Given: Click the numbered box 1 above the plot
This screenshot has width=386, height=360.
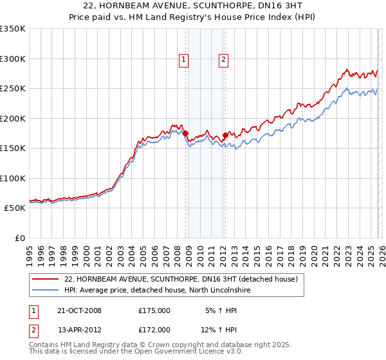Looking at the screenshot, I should [x=183, y=60].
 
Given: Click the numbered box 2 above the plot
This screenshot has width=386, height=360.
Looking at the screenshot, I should [x=223, y=60].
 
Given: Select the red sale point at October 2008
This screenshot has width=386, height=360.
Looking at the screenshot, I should [x=186, y=134].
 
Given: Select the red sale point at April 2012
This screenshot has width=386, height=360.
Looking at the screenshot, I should [x=225, y=136].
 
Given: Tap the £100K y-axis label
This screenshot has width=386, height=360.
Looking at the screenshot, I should [x=13, y=178].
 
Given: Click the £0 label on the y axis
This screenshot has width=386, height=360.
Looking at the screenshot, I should [x=19, y=238].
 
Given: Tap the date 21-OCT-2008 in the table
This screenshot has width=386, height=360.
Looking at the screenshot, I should [x=79, y=310].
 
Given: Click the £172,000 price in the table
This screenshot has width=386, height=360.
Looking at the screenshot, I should [x=154, y=330].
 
